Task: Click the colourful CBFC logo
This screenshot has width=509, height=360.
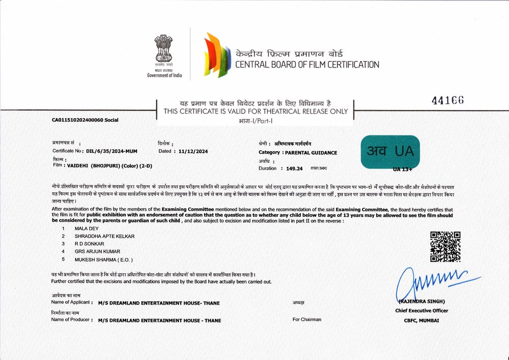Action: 216,54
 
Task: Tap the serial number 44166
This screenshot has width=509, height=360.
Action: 448,100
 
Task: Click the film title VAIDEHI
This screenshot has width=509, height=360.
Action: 78,165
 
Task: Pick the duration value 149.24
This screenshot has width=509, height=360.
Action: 294,168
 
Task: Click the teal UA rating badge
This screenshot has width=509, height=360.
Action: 390,151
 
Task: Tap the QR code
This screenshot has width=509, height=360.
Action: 445,246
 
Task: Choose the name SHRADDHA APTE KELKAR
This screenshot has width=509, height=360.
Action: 104,236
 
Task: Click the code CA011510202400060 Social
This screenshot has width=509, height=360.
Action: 85,120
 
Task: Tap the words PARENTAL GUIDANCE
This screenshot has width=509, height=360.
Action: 310,152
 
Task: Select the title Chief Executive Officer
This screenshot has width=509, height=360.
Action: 421,311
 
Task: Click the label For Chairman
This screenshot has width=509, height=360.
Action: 307,319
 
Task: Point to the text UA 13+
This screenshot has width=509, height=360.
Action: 402,169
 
